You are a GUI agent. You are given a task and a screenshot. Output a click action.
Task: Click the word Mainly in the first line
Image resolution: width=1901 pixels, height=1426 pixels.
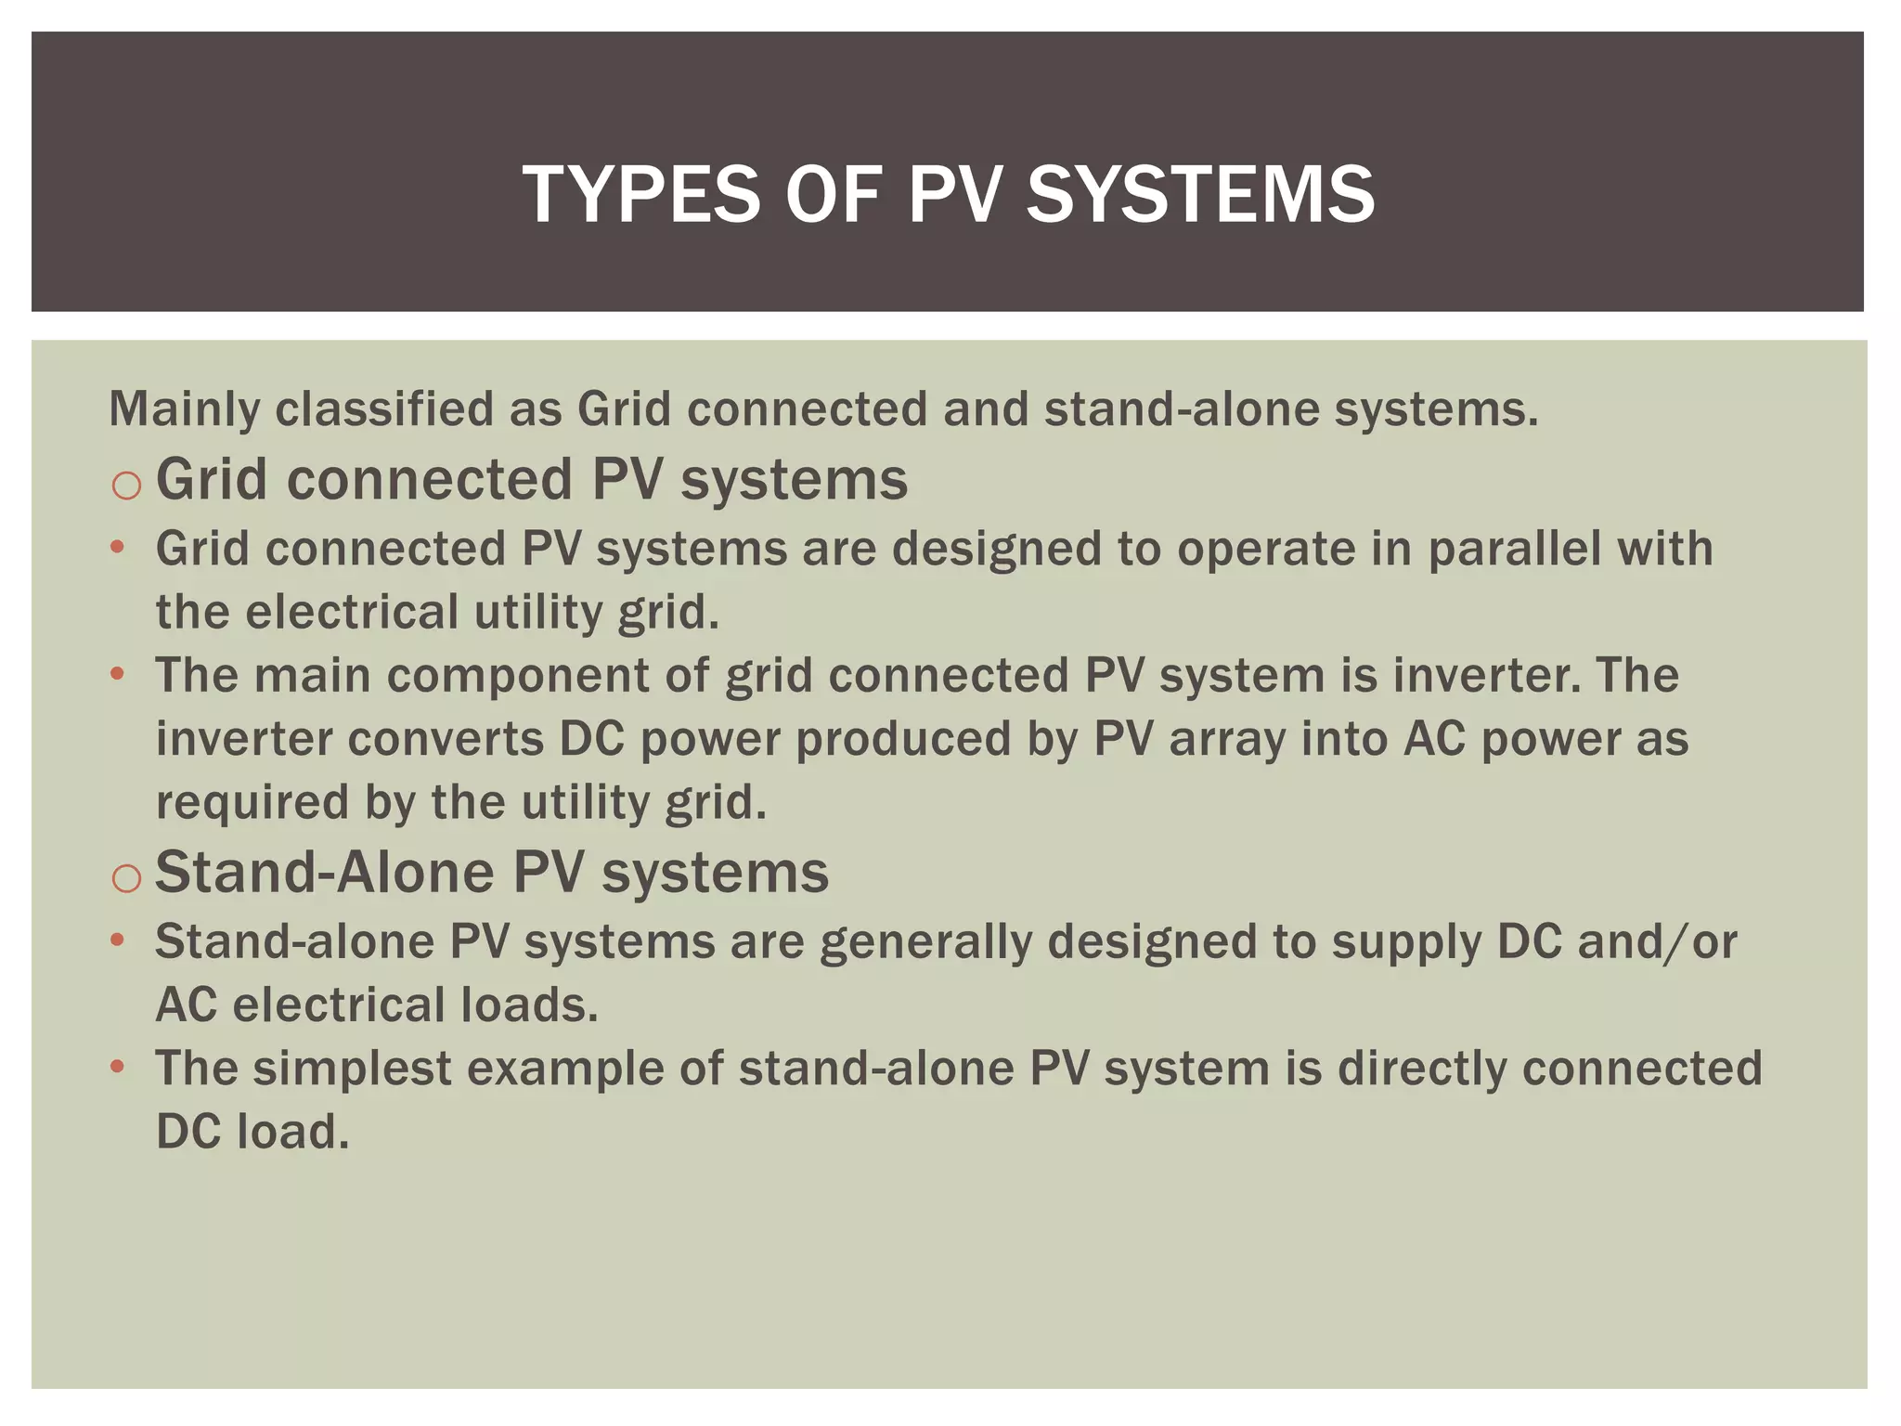[x=184, y=409]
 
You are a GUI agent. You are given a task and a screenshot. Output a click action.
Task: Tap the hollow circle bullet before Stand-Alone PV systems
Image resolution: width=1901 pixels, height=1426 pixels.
[x=126, y=877]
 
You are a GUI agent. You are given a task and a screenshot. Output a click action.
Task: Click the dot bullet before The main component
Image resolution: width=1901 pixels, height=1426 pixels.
[x=117, y=674]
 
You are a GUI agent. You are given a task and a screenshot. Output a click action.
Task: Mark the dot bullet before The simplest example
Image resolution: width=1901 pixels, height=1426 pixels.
[x=117, y=1068]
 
